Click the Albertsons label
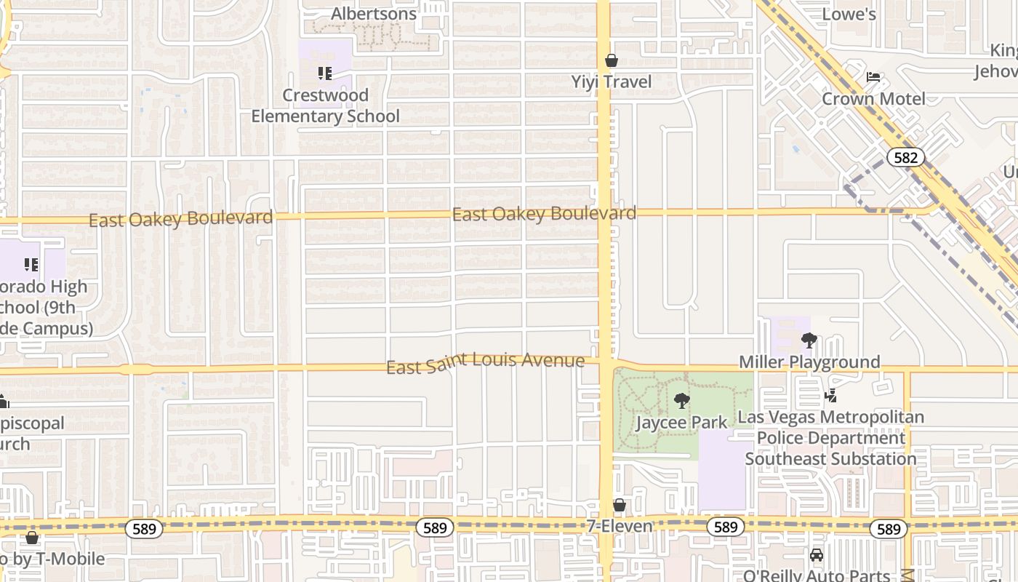(x=374, y=14)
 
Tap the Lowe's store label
(x=849, y=14)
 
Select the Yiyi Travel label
(x=612, y=81)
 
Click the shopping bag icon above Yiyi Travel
(x=612, y=60)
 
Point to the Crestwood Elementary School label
(x=325, y=105)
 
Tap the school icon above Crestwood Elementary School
(x=324, y=73)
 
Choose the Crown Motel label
(x=873, y=98)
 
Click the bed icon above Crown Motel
(x=873, y=77)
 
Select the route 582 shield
(x=905, y=157)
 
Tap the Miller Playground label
(x=809, y=362)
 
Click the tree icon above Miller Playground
(x=809, y=340)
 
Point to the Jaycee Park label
(x=681, y=422)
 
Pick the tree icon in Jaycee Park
(x=681, y=400)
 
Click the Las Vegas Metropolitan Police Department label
(x=830, y=438)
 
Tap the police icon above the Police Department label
(x=830, y=396)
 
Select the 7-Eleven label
(x=620, y=525)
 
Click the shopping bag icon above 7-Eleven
(x=620, y=505)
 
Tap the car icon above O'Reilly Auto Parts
(x=816, y=555)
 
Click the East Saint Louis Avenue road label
(x=485, y=363)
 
